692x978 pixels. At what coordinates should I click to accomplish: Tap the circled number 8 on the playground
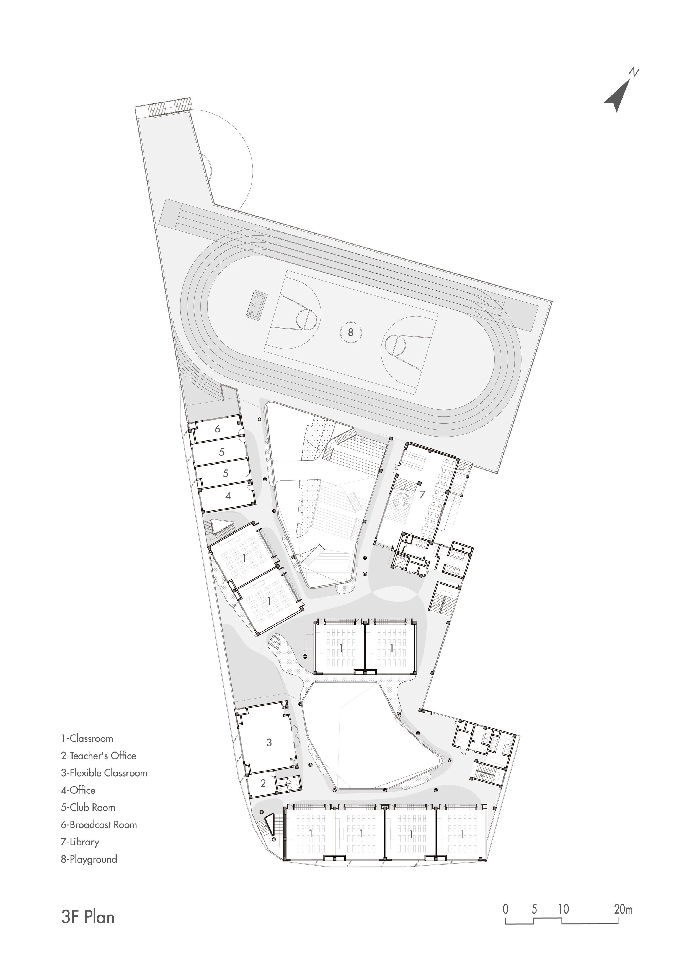coord(351,332)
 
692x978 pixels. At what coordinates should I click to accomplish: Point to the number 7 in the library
coord(422,495)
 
